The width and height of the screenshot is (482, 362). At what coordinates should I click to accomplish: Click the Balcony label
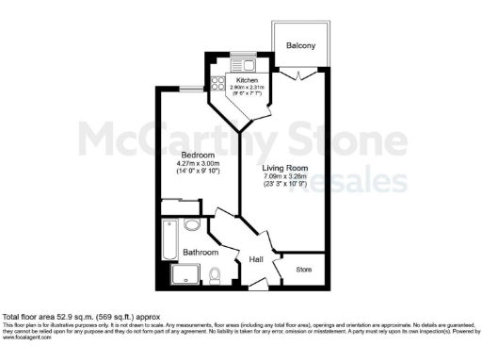coord(300,45)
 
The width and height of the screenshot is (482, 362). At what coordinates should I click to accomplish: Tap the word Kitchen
coord(234,81)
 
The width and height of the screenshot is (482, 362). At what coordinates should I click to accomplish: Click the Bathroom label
coord(201,253)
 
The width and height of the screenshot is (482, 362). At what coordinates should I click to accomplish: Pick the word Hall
coord(256,260)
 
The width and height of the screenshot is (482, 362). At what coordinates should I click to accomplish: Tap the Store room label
coord(303,270)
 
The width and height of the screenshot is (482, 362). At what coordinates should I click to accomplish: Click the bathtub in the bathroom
coord(169,239)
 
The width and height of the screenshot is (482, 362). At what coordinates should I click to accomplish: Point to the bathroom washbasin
coord(192,225)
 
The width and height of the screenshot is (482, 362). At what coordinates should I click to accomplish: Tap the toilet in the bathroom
coord(216,275)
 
